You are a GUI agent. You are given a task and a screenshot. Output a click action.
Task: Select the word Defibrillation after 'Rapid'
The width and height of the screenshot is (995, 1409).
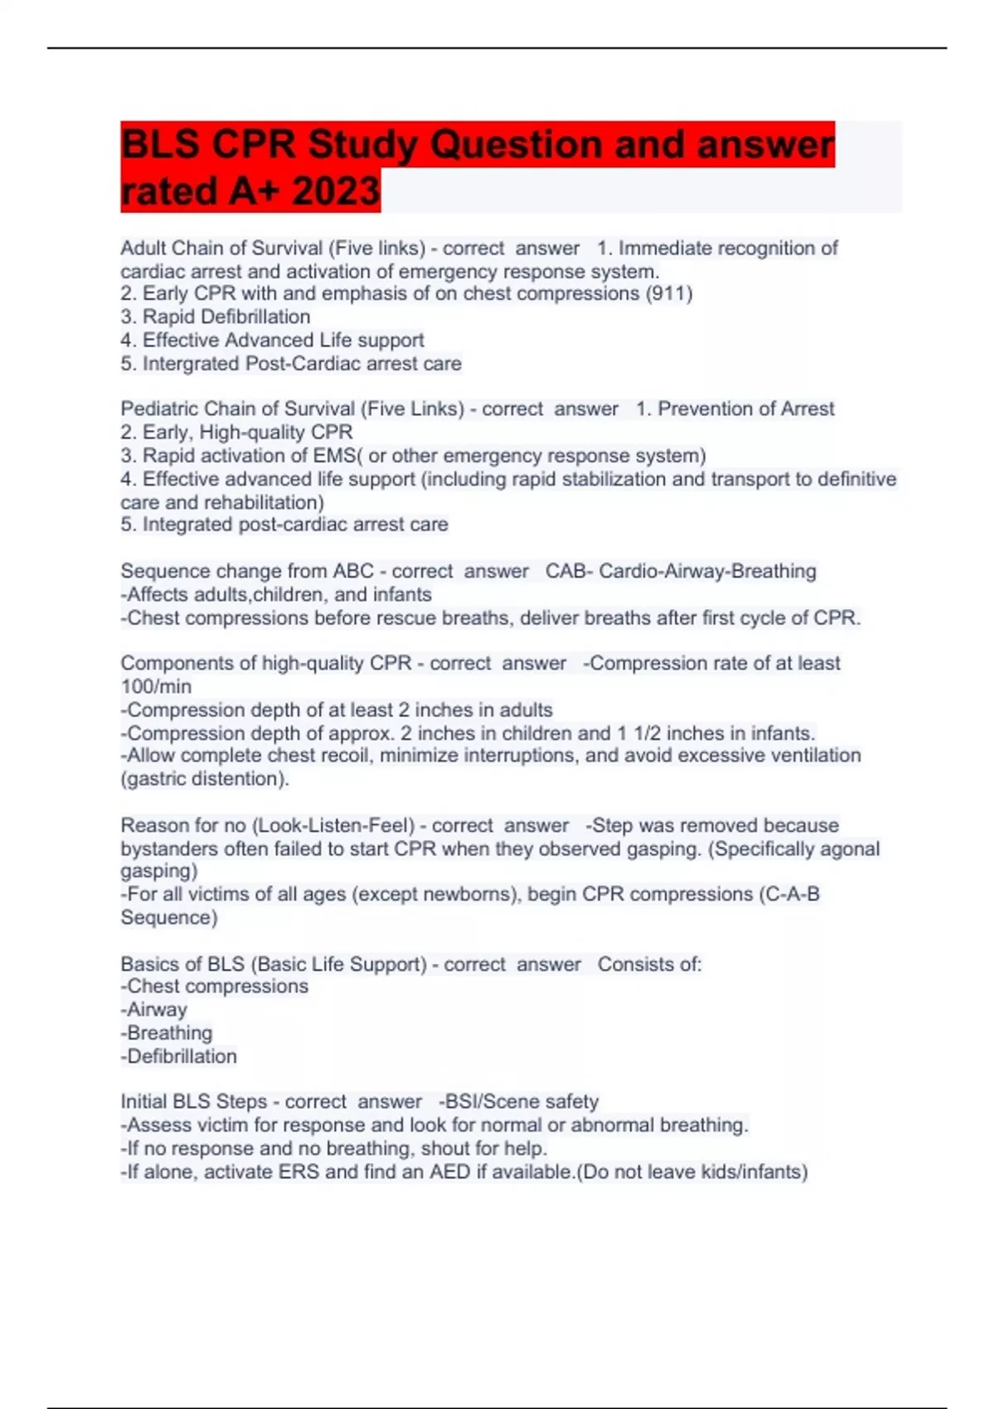click(255, 317)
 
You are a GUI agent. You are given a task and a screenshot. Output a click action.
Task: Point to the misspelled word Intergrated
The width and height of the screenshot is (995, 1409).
click(193, 363)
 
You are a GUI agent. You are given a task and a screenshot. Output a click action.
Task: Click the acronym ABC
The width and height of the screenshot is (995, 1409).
click(353, 571)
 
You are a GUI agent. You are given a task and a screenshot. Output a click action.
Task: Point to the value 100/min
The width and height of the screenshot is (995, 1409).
click(156, 686)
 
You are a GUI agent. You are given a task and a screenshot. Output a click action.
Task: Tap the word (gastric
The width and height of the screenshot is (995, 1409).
click(153, 779)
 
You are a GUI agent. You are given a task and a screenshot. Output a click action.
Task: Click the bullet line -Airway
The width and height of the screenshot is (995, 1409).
click(154, 1010)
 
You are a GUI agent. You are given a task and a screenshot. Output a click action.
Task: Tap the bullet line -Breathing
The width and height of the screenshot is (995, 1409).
click(167, 1033)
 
